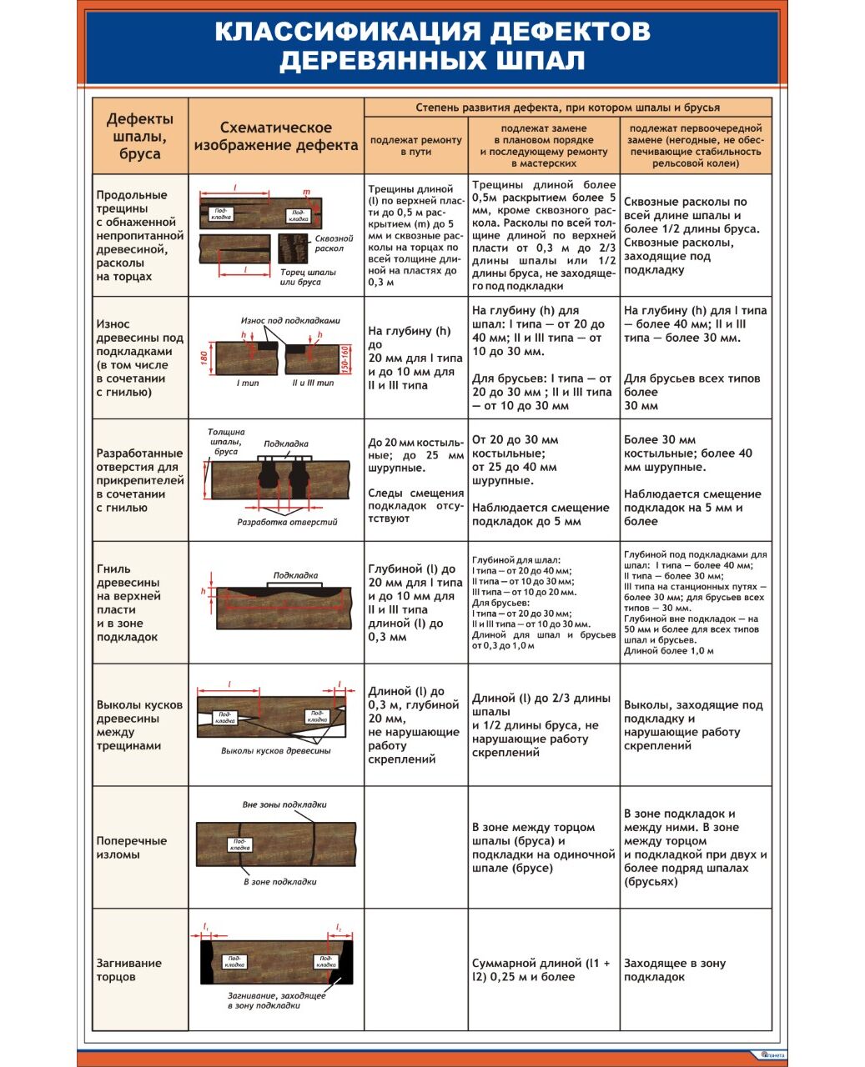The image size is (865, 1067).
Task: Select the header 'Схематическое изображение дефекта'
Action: click(276, 136)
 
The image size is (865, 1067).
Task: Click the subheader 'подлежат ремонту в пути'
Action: click(415, 146)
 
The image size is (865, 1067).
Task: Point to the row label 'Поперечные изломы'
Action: click(132, 847)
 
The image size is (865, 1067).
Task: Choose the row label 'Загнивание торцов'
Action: click(128, 969)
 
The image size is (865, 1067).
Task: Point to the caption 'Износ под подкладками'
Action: click(290, 320)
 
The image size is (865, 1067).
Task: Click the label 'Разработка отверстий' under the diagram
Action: click(287, 522)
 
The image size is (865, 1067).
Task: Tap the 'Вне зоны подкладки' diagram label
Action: click(284, 804)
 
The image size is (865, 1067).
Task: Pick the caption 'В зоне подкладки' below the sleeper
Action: click(279, 881)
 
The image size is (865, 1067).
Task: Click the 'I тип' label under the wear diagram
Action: click(248, 383)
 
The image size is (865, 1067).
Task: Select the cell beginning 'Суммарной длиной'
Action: click(541, 969)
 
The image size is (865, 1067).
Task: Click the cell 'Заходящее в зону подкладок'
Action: click(675, 969)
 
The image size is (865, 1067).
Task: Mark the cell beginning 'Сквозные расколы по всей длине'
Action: click(686, 235)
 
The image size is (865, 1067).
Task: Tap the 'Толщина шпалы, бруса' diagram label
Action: click(226, 442)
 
